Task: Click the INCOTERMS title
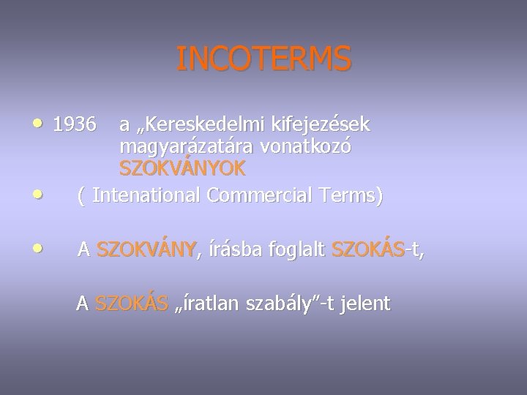coord(263,59)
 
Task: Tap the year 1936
coord(74,125)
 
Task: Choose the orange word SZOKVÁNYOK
coord(182,168)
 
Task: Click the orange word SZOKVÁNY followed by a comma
coord(146,250)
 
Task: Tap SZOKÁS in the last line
coord(131,303)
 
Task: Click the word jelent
coord(365,303)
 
